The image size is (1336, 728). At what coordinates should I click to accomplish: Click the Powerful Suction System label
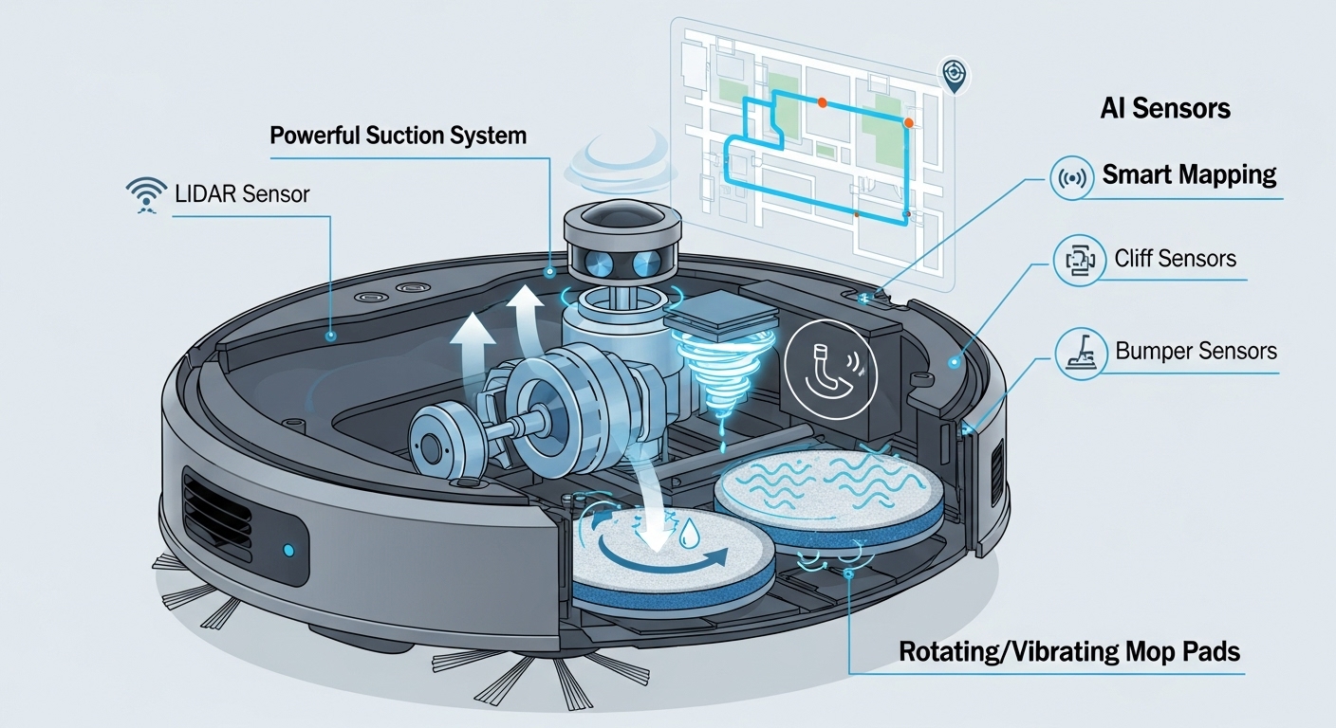click(x=398, y=135)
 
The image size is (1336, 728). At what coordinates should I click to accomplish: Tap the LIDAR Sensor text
click(x=242, y=194)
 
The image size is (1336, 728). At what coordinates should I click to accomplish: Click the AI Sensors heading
click(x=1164, y=108)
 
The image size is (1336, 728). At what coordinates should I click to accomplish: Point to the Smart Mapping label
click(x=1188, y=175)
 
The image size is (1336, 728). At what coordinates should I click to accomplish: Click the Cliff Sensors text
click(x=1176, y=259)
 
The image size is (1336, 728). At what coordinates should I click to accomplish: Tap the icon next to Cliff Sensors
click(x=1075, y=259)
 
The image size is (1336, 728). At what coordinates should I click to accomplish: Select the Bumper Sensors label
click(x=1196, y=351)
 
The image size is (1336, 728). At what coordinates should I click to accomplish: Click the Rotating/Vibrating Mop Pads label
click(x=1069, y=652)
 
